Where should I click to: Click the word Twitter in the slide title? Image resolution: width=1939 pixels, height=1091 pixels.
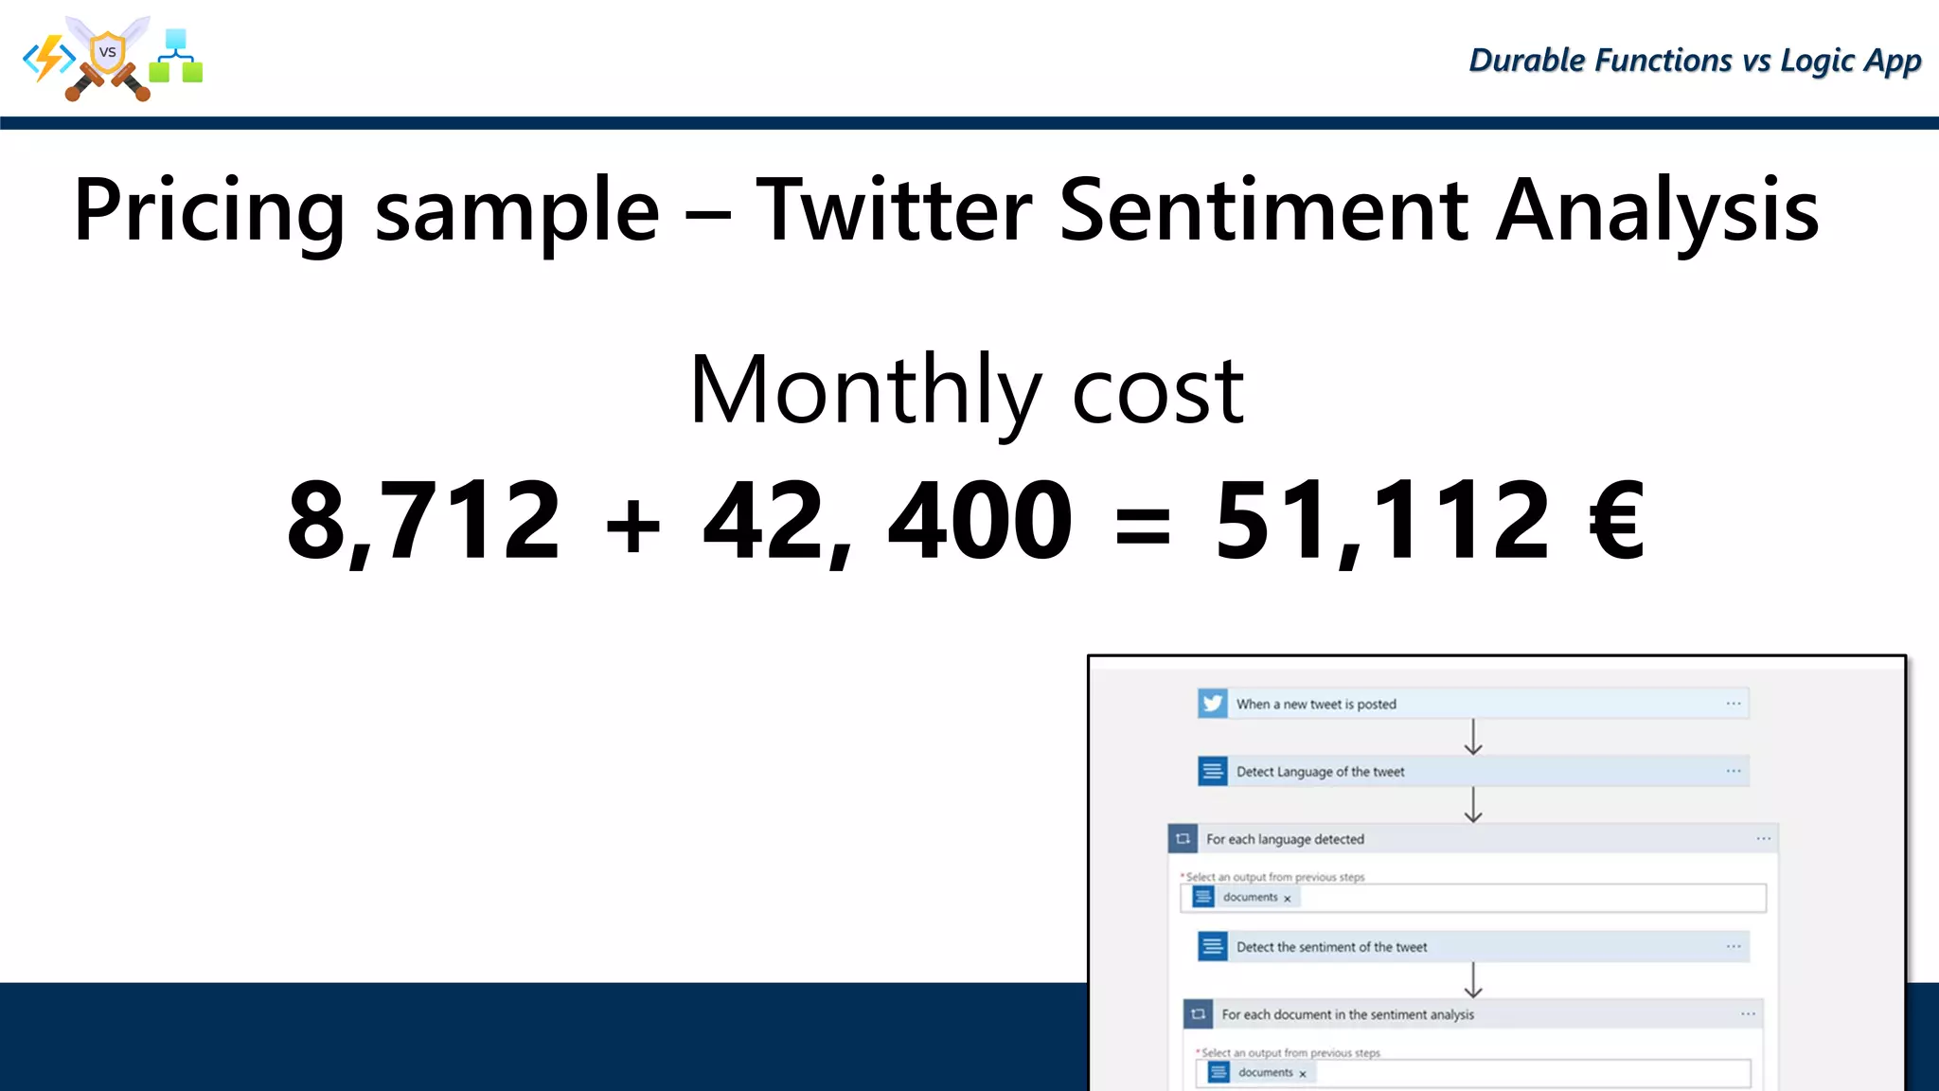click(x=894, y=210)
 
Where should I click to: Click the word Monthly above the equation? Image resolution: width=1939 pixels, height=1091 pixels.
click(x=864, y=390)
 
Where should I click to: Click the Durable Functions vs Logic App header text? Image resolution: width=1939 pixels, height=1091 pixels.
click(x=1694, y=61)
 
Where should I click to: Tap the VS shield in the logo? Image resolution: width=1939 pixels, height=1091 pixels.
click(x=108, y=53)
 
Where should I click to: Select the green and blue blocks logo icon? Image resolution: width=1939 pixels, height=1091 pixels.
click(x=176, y=57)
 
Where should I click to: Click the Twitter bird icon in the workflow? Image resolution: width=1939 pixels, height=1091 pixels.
click(x=1212, y=704)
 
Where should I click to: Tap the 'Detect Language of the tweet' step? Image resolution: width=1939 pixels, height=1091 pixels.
click(x=1320, y=772)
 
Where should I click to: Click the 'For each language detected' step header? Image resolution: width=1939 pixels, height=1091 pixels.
click(x=1285, y=839)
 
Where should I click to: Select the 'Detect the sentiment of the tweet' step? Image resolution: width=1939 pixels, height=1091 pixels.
click(x=1331, y=947)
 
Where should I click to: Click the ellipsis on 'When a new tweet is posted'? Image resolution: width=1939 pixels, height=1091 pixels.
click(x=1734, y=704)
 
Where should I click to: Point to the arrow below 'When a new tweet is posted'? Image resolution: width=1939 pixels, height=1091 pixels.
click(x=1473, y=737)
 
